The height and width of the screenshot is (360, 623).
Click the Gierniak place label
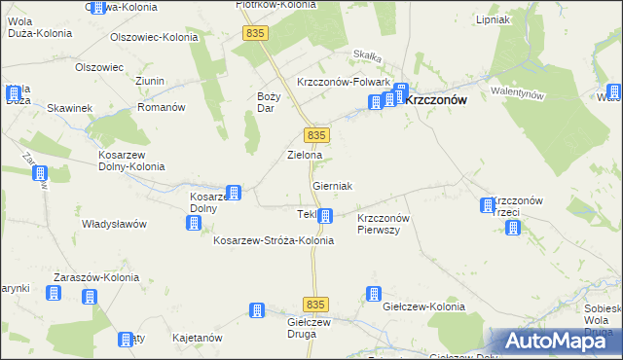click(332, 185)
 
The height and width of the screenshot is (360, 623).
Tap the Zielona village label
click(304, 155)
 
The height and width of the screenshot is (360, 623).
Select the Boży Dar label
click(269, 101)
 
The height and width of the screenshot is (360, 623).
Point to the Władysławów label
click(114, 224)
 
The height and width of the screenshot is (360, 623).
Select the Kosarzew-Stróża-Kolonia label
click(274, 240)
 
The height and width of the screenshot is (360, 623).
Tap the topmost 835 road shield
click(256, 33)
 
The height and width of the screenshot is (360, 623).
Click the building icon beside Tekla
click(325, 217)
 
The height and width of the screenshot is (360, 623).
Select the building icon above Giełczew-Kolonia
click(373, 293)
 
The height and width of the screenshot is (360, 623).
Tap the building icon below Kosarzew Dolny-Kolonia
click(40, 174)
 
